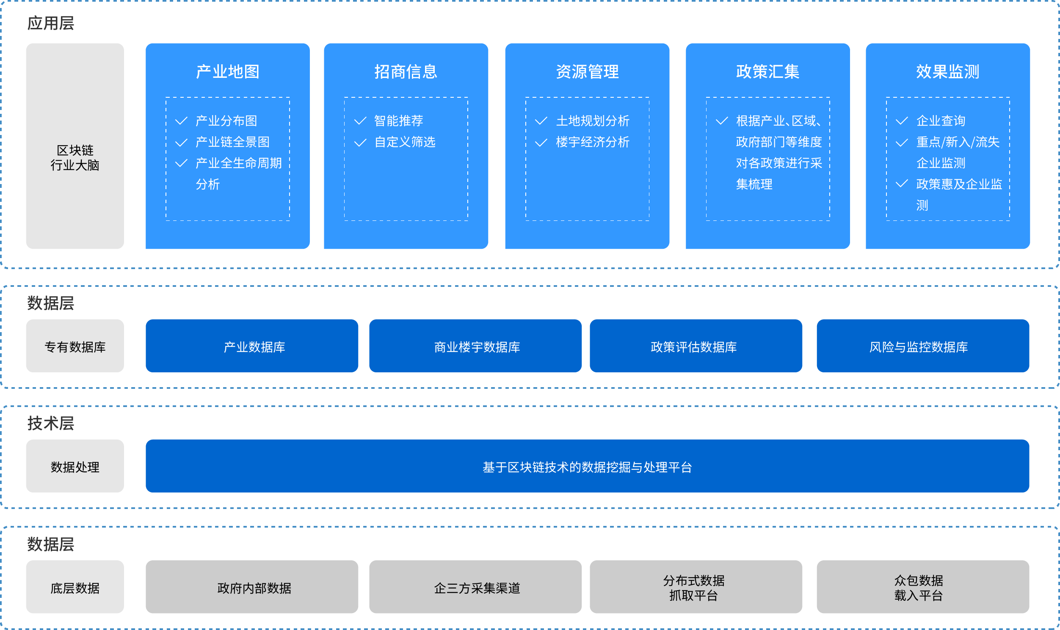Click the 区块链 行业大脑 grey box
[75, 146]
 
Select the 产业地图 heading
[228, 72]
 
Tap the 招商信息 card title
[406, 72]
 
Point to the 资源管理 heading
[587, 72]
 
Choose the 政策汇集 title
[768, 72]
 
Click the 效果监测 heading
[948, 72]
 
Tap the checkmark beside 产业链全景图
[181, 142]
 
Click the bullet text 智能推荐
[399, 121]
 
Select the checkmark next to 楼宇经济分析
[541, 142]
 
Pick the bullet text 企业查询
[941, 121]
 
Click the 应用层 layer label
[50, 23]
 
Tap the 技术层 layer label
[50, 423]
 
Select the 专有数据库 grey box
[75, 346]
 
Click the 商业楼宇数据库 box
[475, 346]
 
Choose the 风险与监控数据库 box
[923, 346]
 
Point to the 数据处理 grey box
[75, 466]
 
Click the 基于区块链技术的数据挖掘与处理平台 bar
[587, 466]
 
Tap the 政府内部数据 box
[252, 587]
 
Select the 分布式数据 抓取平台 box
[696, 587]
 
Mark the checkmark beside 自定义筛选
[360, 142]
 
